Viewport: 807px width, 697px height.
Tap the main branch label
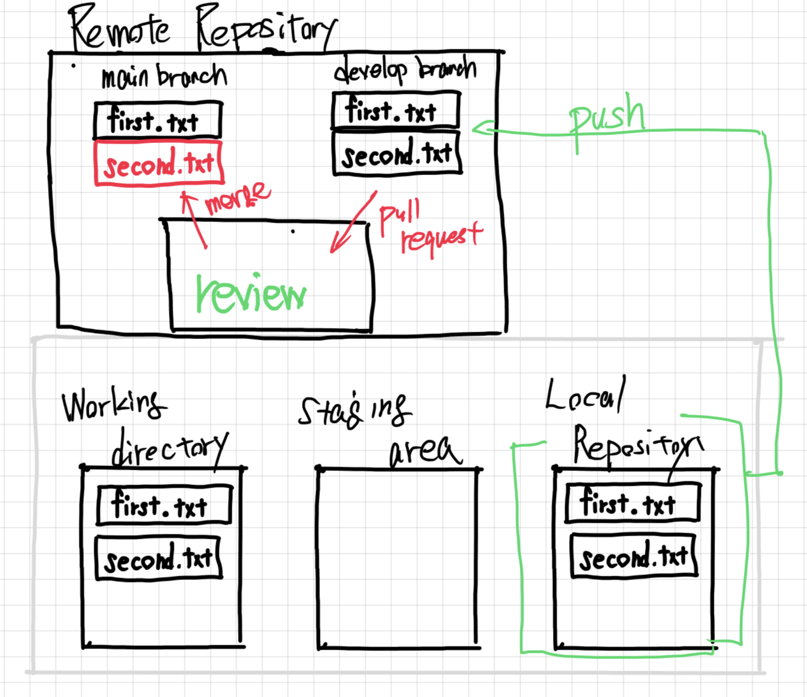coord(164,77)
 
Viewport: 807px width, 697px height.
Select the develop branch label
coord(405,70)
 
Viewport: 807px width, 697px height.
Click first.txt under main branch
coord(157,120)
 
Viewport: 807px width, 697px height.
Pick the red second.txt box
coord(158,164)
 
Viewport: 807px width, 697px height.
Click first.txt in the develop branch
coord(395,111)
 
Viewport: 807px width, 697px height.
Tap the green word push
coord(607,116)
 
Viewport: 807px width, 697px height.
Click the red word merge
coord(237,197)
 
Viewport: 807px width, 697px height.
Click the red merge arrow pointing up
coord(194,219)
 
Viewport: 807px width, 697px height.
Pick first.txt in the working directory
coord(164,505)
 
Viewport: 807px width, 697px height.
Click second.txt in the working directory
coord(158,558)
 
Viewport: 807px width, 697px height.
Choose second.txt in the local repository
coord(634,556)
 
